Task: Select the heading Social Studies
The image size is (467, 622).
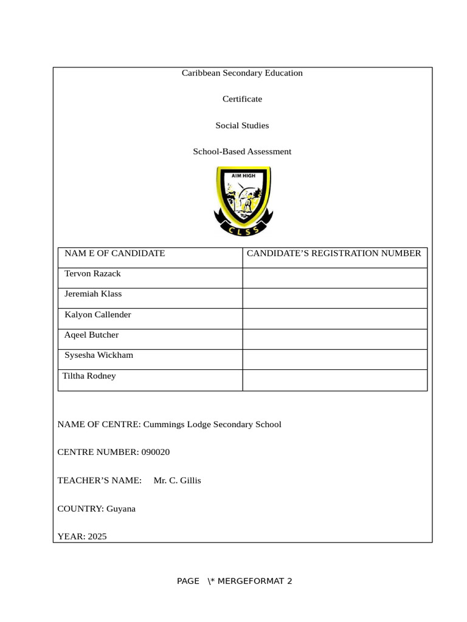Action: (x=242, y=126)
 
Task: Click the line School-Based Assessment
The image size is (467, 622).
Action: (x=242, y=152)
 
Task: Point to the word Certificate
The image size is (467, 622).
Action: (x=242, y=99)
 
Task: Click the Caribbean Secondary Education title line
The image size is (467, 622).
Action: (x=242, y=73)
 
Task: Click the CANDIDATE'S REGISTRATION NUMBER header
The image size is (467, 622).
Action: (x=334, y=253)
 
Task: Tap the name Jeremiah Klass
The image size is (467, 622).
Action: (x=93, y=294)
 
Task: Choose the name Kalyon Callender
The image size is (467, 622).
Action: (x=97, y=315)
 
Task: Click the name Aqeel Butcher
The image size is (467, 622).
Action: (x=91, y=335)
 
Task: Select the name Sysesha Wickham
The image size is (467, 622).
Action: (x=99, y=355)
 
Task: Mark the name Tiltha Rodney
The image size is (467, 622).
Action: (x=89, y=376)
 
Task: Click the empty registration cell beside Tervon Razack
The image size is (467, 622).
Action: (x=334, y=278)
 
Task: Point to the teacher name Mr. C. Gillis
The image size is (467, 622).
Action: (x=177, y=480)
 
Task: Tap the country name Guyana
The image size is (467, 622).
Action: (x=121, y=508)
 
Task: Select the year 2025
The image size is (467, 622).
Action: (x=97, y=536)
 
